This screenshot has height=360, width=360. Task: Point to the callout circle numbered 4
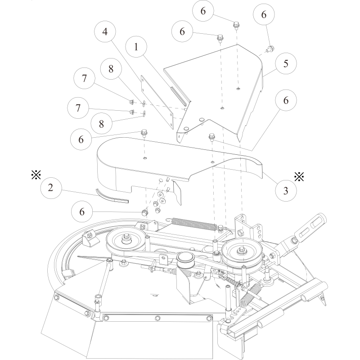pyautogui.click(x=104, y=33)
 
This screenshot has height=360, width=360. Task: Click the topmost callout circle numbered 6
pyautogui.click(x=203, y=12)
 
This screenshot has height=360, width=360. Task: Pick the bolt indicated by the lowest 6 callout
pyautogui.click(x=144, y=211)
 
